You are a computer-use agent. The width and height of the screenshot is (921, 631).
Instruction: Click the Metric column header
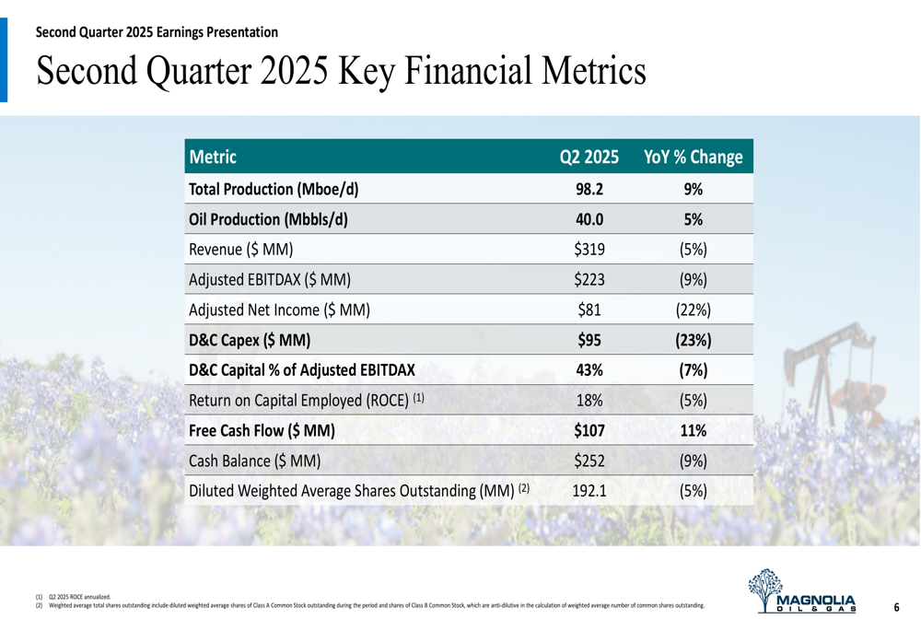213,158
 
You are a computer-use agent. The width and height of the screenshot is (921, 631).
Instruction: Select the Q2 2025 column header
589,158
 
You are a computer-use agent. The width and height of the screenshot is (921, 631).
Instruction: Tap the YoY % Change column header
693,158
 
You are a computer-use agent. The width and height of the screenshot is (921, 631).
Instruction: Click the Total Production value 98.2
589,190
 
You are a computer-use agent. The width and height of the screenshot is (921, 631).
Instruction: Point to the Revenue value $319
589,250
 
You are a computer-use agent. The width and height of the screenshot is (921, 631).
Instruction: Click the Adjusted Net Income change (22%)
693,310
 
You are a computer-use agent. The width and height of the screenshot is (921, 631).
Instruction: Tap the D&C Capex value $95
589,340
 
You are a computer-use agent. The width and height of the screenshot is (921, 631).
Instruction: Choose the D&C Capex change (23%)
693,340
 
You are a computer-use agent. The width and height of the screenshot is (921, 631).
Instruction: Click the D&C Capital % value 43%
589,370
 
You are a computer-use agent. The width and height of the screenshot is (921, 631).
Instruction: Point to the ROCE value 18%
589,401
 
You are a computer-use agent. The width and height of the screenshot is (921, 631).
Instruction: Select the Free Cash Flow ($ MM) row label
261,430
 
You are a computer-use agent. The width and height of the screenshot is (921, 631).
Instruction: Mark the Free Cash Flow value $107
589,430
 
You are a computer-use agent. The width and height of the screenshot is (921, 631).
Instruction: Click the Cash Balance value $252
589,461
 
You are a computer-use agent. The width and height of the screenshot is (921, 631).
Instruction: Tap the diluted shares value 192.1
589,491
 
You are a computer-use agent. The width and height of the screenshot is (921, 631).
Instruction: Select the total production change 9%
693,190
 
